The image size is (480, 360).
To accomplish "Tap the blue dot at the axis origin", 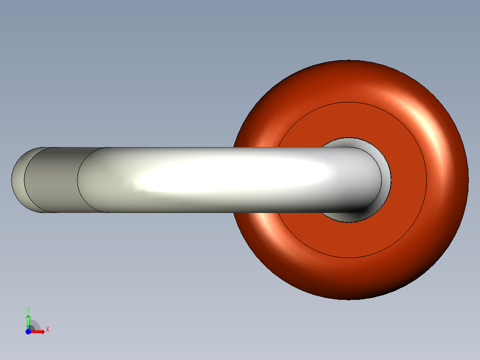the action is coord(28,332).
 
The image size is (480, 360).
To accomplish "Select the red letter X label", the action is coord(48,330).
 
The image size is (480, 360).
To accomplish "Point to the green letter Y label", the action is coord(28,310).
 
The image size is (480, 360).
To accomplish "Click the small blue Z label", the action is coord(28,328).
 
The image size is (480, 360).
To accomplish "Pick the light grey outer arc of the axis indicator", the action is coord(37,323).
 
